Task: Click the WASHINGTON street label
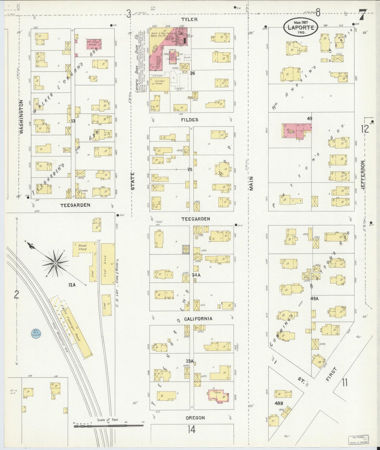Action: pos(22,117)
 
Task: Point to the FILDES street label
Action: pos(189,120)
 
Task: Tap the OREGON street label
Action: pos(195,418)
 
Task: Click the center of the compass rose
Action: pos(55,263)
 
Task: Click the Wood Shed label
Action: pos(82,247)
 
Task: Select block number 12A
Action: pos(72,285)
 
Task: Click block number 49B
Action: pos(278,403)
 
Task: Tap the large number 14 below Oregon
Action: pos(191,430)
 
